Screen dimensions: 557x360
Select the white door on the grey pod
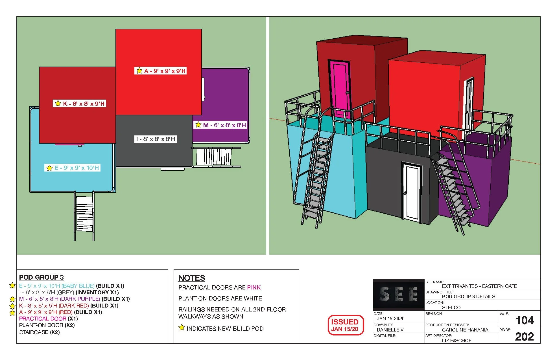pos(412,191)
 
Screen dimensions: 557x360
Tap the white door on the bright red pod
pos(468,107)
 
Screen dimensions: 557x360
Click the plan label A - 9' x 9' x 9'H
pos(161,71)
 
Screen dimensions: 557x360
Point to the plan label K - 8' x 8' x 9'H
pos(80,104)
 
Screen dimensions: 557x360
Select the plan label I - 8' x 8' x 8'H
pos(156,139)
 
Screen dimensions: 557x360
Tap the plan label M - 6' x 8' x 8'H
pos(220,125)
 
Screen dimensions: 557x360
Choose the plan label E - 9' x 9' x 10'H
pos(72,168)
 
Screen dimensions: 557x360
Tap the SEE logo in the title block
pos(398,294)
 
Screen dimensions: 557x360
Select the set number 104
pos(525,321)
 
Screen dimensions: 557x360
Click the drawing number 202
pos(525,337)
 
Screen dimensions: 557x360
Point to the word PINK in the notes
pos(254,287)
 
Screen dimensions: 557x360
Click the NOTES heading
pos(192,278)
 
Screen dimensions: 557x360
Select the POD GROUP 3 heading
pos(41,277)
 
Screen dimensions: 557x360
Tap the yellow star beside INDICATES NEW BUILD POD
pos(182,328)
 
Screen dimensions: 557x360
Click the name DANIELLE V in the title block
pos(390,330)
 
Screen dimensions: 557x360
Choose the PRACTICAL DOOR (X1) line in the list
pos(48,319)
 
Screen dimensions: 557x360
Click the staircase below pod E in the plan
pos(84,216)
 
